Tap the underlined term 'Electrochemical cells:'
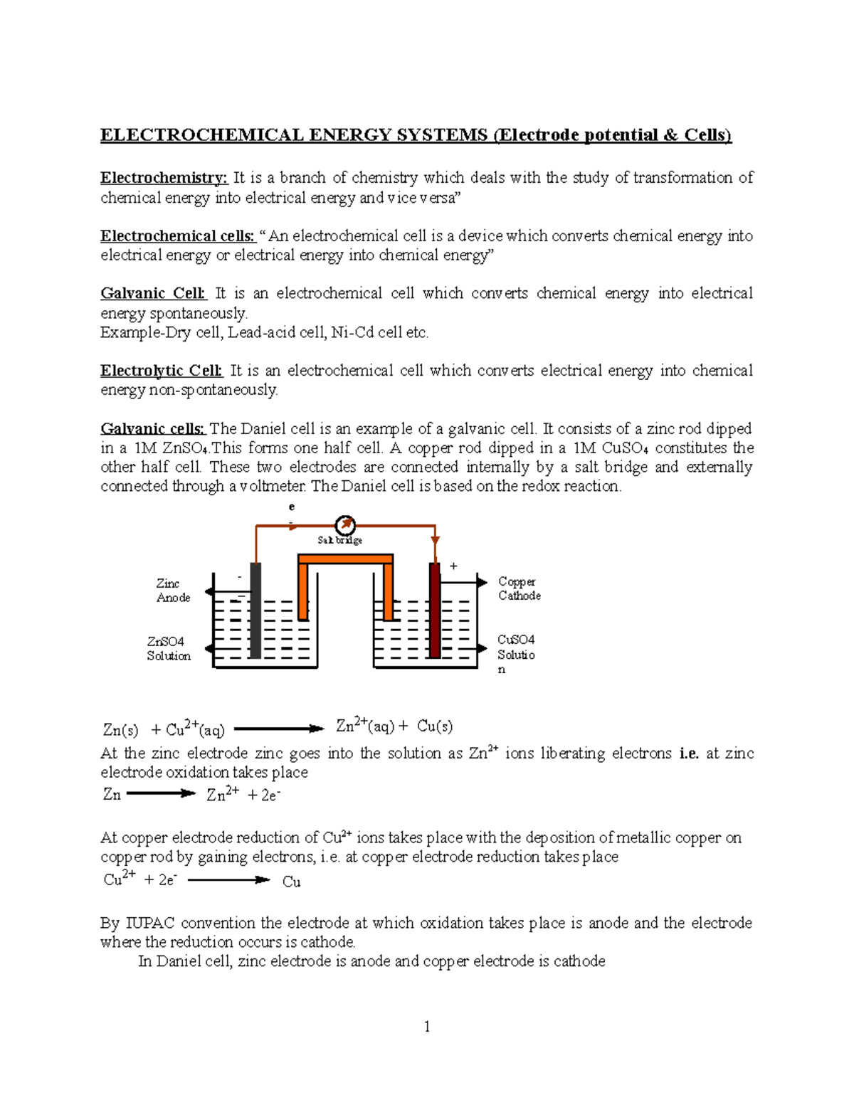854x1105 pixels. point(177,236)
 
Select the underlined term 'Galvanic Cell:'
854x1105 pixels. point(153,294)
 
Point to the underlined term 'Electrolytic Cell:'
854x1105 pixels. point(162,371)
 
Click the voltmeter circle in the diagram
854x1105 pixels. point(345,525)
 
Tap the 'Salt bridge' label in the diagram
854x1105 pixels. point(339,540)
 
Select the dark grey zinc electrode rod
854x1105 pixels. point(255,610)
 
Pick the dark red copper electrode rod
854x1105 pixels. point(434,610)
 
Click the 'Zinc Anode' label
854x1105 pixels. point(172,591)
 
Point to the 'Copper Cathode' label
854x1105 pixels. point(519,589)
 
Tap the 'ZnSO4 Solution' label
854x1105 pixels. point(169,649)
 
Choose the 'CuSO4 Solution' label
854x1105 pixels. point(516,653)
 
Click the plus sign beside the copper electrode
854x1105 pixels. point(453,566)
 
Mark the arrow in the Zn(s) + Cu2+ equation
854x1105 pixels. point(278,729)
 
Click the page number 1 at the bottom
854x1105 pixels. point(426,1026)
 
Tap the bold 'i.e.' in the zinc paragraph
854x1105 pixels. point(689,754)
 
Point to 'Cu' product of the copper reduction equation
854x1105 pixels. point(291,882)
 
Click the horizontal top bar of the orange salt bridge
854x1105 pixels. point(345,559)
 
